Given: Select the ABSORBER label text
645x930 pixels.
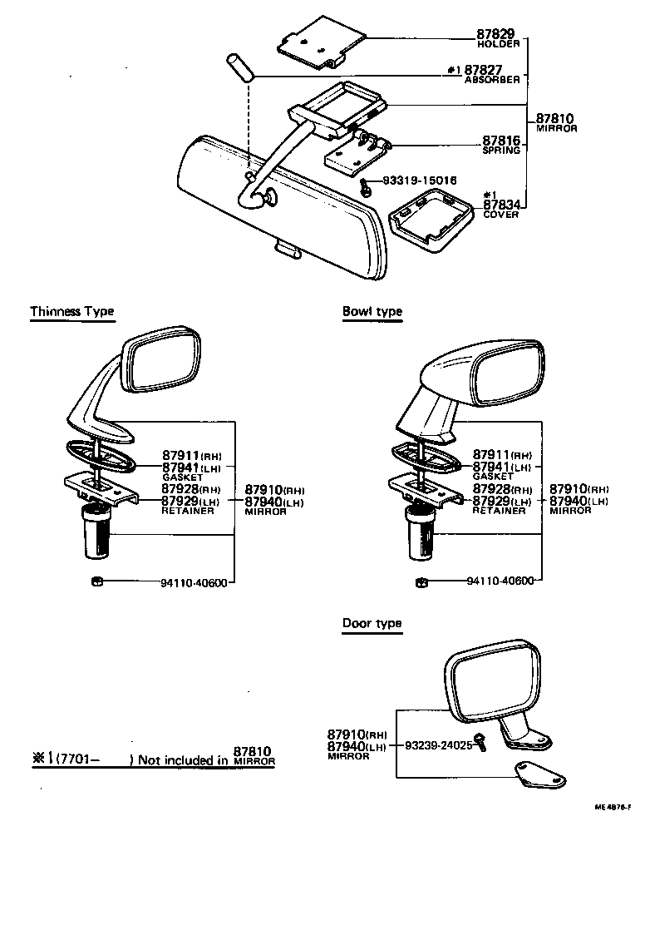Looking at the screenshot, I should [x=492, y=80].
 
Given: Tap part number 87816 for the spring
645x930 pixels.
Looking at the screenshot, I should [x=501, y=141].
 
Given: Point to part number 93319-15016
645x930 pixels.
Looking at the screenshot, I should [x=420, y=180].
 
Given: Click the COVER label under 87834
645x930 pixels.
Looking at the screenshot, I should [x=500, y=215].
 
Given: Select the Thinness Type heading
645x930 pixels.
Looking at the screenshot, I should [x=72, y=312].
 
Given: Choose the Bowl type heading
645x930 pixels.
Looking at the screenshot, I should [x=372, y=312].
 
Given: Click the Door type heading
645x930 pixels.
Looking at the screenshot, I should [x=372, y=623].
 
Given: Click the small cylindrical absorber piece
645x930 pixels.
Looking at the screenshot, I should [x=238, y=67].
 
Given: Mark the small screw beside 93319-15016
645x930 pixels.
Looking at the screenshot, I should [x=366, y=187].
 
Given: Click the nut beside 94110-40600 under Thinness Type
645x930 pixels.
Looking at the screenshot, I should [x=96, y=581].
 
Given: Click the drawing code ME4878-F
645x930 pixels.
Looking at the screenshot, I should [x=613, y=807].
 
